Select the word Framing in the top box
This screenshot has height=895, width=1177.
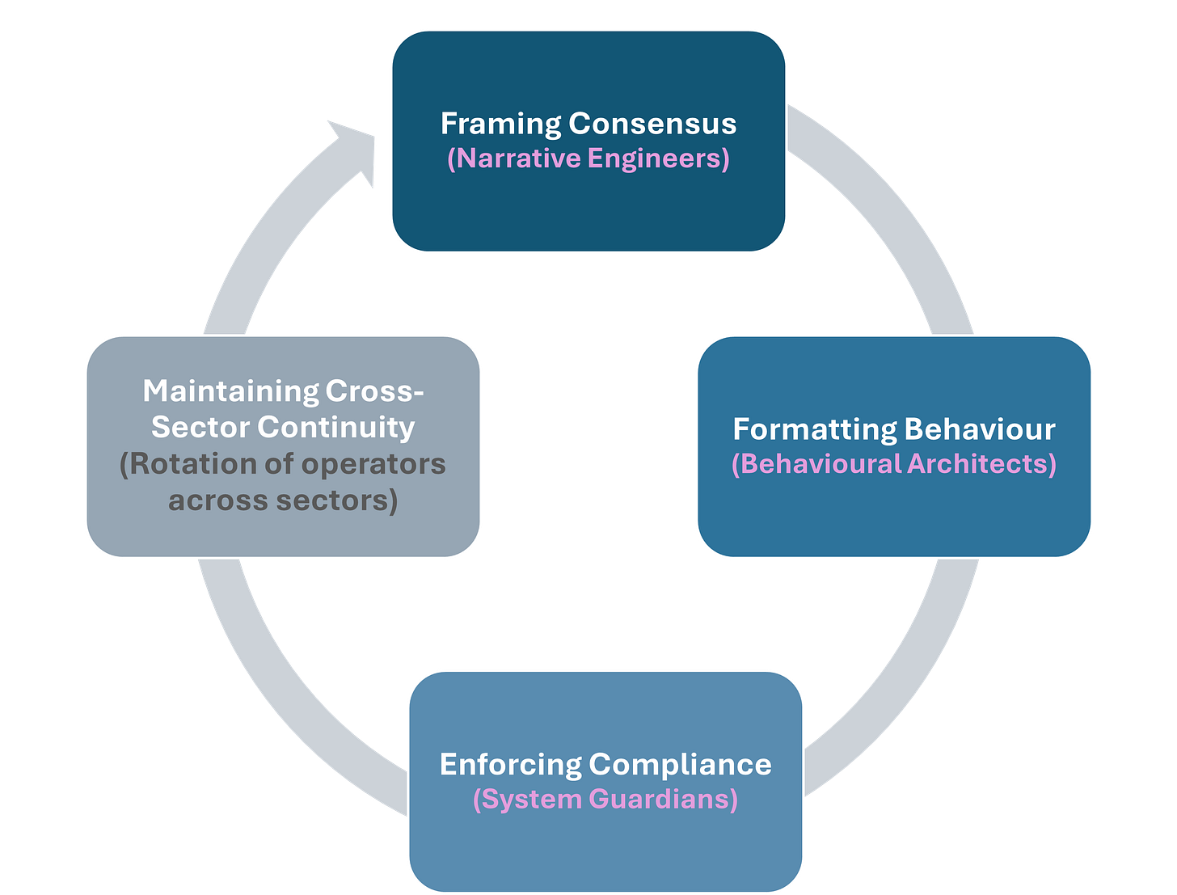500,124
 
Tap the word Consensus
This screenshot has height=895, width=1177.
652,124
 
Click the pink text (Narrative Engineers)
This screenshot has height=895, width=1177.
588,158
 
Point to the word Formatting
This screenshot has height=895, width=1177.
814,429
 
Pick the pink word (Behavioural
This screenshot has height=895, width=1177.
816,464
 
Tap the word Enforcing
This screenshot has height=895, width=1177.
510,765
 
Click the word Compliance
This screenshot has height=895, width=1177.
680,765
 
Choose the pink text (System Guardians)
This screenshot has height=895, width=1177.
605,800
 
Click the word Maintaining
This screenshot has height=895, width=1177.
230,391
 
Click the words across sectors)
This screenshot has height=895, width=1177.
283,500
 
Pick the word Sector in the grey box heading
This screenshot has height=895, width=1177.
200,427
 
